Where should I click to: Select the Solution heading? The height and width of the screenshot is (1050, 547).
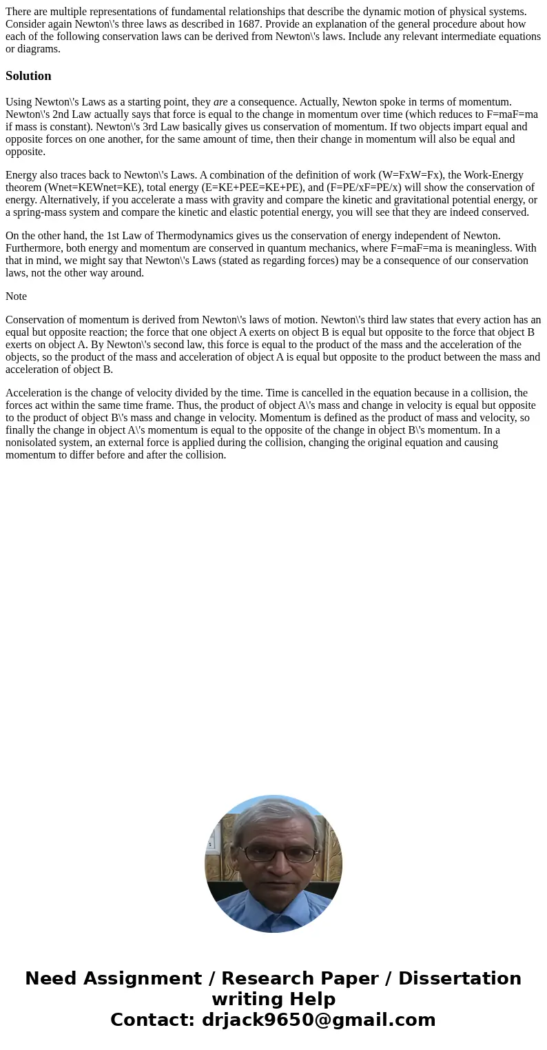pos(28,76)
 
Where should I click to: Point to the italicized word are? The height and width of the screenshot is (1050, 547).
pos(220,102)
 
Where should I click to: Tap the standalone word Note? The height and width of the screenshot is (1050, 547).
pos(16,296)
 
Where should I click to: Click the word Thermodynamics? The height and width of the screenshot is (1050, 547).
pos(191,236)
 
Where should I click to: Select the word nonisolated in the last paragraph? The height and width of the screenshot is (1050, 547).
pos(31,443)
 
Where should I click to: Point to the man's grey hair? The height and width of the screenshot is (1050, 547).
pos(275,814)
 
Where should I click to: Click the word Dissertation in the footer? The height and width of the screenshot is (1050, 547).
pos(460,979)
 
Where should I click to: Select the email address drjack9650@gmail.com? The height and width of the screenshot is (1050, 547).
pos(318,1020)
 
